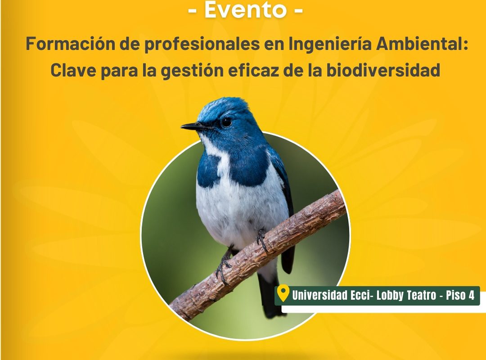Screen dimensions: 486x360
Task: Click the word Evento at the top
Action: tap(245, 9)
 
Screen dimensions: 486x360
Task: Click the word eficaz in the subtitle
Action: tap(253, 70)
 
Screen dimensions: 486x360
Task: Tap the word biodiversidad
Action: tap(383, 70)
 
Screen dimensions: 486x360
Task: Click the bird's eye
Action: tap(226, 121)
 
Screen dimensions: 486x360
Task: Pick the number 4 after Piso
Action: tap(472, 295)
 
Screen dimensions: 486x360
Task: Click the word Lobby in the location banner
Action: tap(388, 296)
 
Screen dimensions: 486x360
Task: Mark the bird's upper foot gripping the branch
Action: tap(261, 240)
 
